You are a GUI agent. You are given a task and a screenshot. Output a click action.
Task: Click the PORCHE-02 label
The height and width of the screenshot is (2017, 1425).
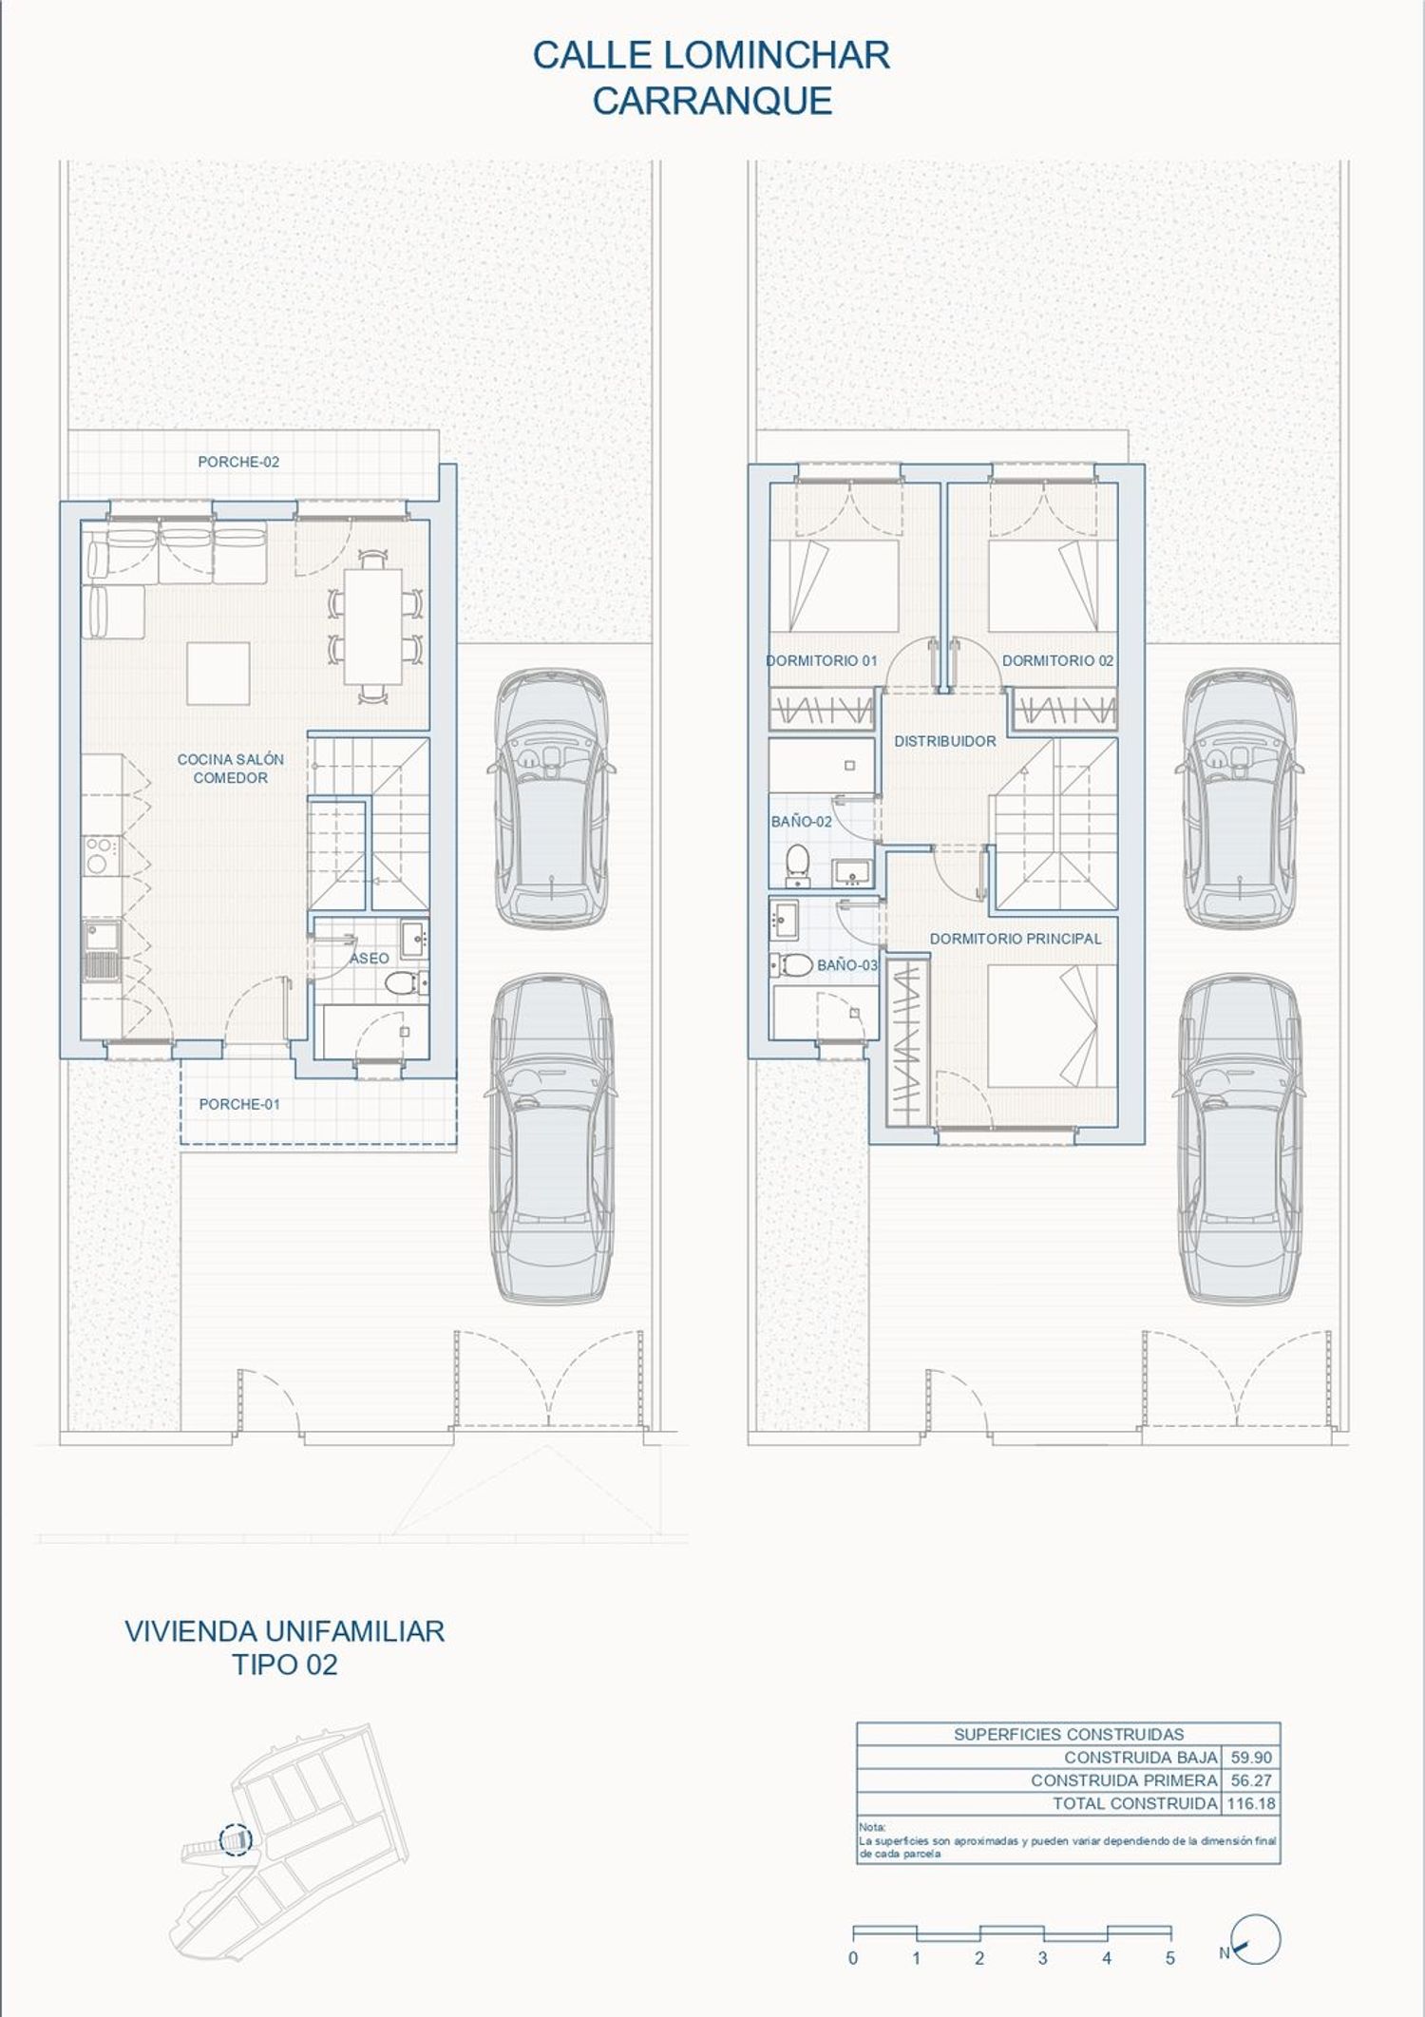(x=238, y=462)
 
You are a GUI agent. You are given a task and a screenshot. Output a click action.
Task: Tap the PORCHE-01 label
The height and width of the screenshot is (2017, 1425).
(x=239, y=1104)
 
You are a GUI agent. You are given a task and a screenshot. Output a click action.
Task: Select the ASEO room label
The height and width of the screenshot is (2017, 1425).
(x=369, y=959)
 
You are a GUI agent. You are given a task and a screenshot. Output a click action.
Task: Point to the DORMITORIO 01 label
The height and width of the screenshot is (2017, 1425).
(x=822, y=660)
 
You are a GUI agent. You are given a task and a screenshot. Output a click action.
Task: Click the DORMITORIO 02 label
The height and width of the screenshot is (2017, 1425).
(x=1057, y=660)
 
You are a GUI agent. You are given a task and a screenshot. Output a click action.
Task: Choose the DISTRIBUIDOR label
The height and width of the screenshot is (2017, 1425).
(x=945, y=741)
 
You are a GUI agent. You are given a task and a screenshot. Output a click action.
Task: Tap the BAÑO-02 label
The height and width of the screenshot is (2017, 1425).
(x=801, y=822)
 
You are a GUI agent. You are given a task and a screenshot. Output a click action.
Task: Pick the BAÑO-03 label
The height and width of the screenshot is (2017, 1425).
(x=847, y=965)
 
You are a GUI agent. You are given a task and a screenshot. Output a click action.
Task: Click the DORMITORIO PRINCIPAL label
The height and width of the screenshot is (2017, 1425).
(x=1016, y=939)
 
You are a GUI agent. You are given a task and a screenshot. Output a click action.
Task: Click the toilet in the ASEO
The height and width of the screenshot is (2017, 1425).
(x=406, y=981)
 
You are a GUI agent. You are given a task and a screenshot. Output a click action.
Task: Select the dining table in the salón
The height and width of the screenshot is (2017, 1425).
(x=372, y=627)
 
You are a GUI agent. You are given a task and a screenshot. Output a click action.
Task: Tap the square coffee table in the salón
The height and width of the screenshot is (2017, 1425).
(x=218, y=674)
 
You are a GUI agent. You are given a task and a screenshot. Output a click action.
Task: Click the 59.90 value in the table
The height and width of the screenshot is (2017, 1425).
(x=1250, y=1758)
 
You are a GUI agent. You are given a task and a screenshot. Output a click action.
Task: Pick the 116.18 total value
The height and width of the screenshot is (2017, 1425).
(x=1250, y=1803)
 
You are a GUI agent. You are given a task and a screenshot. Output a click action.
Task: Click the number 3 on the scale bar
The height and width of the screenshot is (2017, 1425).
(x=1043, y=1958)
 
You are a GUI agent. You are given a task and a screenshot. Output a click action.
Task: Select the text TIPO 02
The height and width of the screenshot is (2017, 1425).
(x=285, y=1665)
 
